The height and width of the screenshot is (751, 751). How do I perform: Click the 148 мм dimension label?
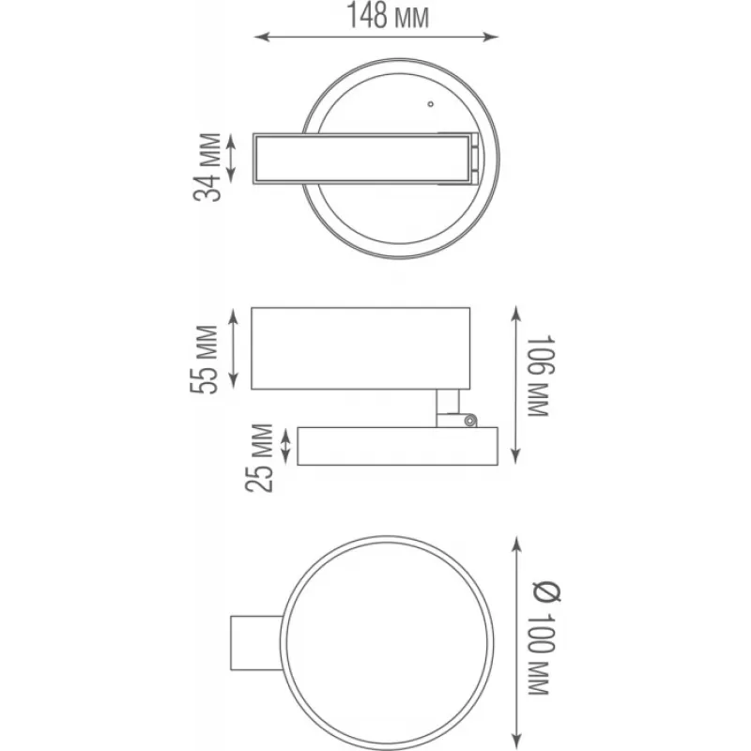(x=388, y=16)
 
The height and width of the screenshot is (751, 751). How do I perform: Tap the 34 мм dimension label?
(x=207, y=167)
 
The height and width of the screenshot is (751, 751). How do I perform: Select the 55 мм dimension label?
(x=205, y=360)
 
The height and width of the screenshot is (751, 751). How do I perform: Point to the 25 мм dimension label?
(x=259, y=458)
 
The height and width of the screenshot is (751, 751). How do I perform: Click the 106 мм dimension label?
(x=541, y=376)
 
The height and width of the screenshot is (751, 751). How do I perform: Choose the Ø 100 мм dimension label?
(x=545, y=638)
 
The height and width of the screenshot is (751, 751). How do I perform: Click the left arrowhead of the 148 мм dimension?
(x=262, y=37)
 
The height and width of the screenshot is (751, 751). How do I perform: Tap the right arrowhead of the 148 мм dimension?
(x=491, y=37)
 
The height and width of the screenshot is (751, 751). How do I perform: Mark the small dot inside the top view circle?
(x=431, y=104)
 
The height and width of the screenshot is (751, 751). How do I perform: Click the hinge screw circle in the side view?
(x=471, y=421)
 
